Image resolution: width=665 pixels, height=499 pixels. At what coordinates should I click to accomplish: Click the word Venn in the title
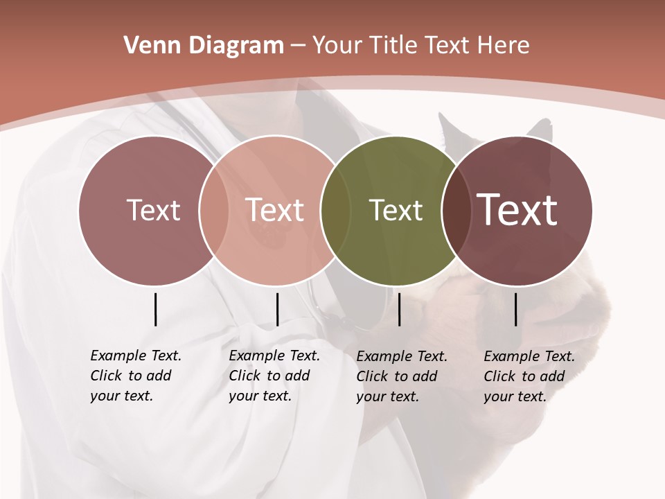145,46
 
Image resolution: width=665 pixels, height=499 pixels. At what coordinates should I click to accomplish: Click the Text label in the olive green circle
396,211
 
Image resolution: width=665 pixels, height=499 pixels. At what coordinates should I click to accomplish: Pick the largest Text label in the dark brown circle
517,209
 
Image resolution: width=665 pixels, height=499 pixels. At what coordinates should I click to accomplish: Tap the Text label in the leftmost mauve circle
153,210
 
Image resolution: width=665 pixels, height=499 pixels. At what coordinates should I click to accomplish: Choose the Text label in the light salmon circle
275,210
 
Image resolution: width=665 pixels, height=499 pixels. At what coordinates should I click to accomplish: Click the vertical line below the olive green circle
400,309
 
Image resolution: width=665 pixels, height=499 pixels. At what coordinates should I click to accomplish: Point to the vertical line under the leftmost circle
155,309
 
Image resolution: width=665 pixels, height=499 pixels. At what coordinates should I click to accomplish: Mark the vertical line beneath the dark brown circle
516,309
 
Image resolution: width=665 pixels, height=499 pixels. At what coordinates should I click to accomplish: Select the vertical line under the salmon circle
277,309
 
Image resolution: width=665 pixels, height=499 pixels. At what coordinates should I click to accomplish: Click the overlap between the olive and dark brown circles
454,211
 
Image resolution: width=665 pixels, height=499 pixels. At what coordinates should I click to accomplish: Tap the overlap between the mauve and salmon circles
213,211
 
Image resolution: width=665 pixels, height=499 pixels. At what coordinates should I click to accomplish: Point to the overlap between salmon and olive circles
335,211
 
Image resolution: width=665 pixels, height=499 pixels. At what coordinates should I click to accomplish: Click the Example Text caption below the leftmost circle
135,376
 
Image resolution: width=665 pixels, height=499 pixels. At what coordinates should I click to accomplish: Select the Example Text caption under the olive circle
401,376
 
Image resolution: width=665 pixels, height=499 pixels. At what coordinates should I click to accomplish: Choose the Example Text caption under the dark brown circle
529,376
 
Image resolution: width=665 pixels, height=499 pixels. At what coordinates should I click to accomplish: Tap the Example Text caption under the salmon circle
274,376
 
